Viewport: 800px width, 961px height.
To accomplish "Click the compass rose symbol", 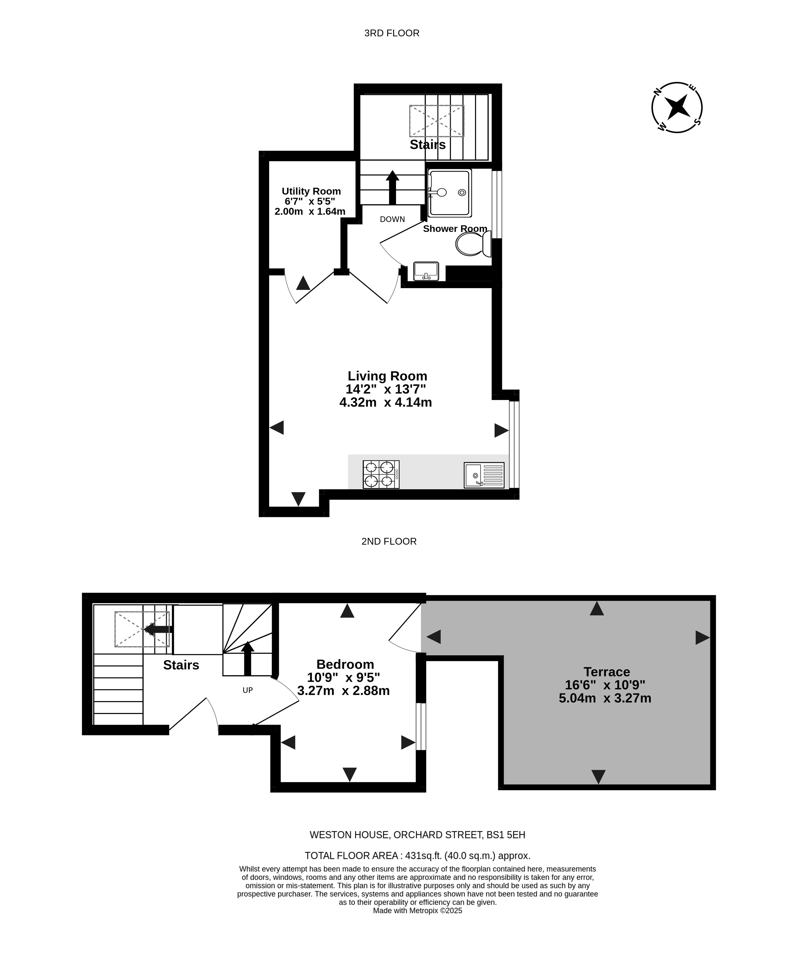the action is click(x=677, y=107).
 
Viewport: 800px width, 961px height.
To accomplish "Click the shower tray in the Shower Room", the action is click(x=449, y=193).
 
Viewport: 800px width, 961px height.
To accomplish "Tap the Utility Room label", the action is click(x=311, y=191).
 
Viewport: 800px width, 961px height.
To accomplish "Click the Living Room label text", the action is click(x=387, y=376).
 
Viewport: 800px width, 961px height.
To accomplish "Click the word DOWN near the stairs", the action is click(x=392, y=219).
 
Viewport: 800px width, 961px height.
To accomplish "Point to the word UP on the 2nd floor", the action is click(x=248, y=690).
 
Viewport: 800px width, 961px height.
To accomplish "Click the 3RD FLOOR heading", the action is click(x=392, y=33).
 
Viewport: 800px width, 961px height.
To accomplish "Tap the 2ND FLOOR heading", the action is click(x=389, y=541).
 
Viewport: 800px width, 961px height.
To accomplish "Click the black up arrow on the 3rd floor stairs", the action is click(x=392, y=187).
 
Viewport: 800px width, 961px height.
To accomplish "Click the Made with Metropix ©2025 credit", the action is click(x=417, y=911).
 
